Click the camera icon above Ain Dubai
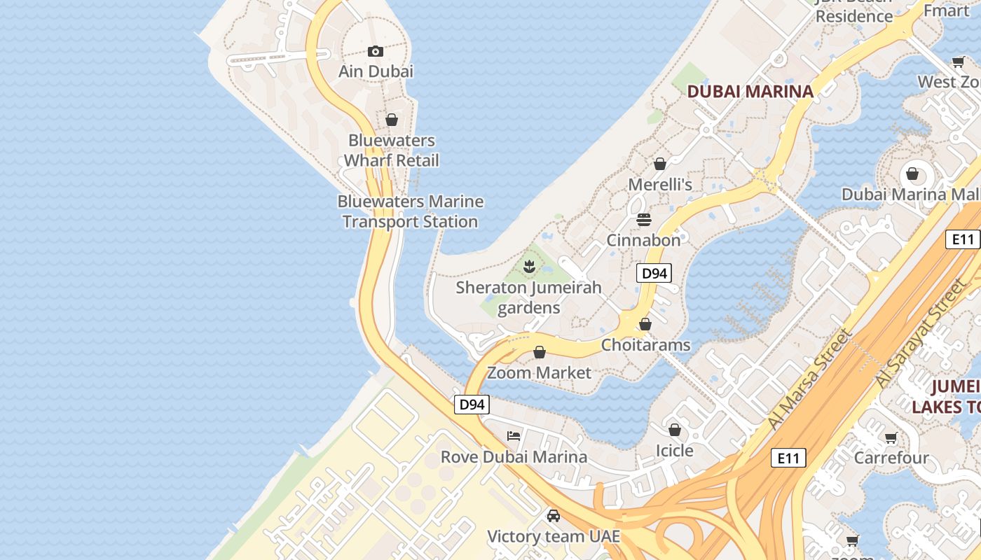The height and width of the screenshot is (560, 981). [376, 51]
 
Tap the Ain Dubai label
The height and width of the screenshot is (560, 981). [376, 71]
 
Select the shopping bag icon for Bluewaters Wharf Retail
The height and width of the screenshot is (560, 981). [392, 120]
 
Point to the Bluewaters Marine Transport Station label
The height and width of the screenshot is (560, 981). [411, 211]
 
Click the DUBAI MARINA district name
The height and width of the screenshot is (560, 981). [750, 91]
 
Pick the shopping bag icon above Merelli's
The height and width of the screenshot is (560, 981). [659, 164]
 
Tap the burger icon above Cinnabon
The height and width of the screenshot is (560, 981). [644, 220]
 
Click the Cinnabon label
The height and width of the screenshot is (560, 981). [643, 240]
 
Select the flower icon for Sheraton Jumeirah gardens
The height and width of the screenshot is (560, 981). [530, 267]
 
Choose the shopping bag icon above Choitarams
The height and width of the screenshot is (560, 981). [645, 324]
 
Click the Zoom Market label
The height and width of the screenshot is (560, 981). [539, 372]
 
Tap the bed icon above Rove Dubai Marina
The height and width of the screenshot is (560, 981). [514, 436]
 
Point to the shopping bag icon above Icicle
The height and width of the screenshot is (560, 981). [674, 430]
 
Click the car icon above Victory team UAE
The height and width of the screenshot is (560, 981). [554, 516]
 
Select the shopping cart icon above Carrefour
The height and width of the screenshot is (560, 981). [891, 438]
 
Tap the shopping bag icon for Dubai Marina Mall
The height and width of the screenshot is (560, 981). [912, 174]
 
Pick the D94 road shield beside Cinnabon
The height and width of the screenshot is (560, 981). [654, 273]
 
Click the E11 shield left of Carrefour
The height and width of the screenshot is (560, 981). [788, 458]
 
